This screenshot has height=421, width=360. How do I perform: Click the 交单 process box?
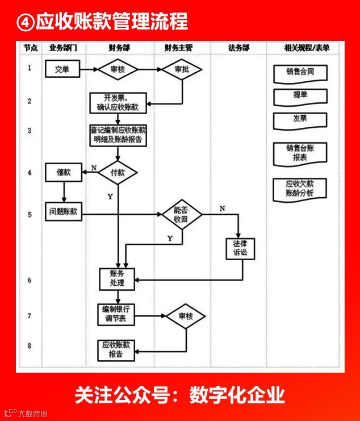coord(62,70)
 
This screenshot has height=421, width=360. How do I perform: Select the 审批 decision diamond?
coord(182,70)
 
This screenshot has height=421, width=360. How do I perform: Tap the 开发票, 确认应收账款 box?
coord(118,102)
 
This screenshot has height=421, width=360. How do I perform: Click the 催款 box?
coord(64,172)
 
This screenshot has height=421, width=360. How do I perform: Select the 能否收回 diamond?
coord(182,214)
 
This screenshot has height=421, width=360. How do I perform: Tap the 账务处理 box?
coord(118,278)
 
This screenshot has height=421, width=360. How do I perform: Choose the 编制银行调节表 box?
coord(118,314)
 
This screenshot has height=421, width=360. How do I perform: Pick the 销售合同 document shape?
coord(300,73)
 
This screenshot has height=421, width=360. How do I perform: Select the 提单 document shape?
coord(300,96)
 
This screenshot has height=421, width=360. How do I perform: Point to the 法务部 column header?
coord(238,48)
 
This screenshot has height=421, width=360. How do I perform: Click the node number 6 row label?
coord(29,281)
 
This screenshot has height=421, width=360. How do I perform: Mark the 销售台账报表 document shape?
coord(300,153)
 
